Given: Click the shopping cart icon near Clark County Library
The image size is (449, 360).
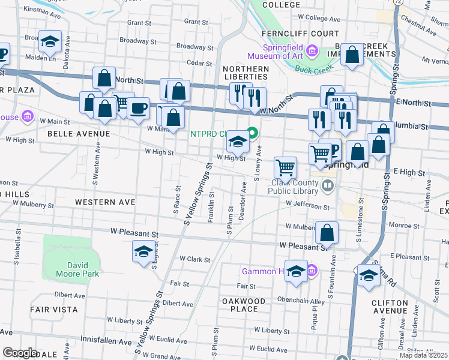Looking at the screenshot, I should pyautogui.click(x=286, y=167).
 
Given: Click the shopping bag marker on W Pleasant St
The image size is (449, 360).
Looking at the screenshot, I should pyautogui.click(x=327, y=232).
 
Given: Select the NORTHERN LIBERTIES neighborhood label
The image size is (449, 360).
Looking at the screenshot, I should pyautogui.click(x=246, y=73).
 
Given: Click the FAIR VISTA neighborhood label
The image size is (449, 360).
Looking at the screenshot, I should pyautogui.click(x=54, y=310).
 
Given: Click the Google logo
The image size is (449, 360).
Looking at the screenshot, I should pyautogui.click(x=20, y=353).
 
